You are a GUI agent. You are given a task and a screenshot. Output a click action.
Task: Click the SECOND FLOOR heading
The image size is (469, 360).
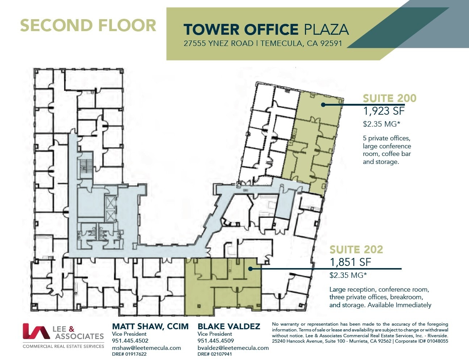[88, 26]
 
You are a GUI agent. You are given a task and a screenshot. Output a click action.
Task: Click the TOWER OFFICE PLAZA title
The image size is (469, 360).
[266, 29]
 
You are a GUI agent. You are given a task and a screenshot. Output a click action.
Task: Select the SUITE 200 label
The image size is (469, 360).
[389, 98]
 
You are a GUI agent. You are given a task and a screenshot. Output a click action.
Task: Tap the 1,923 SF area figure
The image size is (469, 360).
[384, 111]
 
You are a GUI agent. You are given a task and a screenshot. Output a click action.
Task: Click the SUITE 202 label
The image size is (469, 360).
[356, 249]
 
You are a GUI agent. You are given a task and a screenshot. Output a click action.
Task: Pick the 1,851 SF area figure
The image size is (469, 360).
[350, 262]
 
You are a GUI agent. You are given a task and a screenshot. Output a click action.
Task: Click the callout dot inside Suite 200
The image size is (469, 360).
[323, 105]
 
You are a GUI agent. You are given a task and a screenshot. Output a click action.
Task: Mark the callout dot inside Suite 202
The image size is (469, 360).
[250, 269]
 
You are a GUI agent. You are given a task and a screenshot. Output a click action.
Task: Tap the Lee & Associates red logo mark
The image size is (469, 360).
[36, 331]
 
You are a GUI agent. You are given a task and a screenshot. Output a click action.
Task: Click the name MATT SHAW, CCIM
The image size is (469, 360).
[150, 326]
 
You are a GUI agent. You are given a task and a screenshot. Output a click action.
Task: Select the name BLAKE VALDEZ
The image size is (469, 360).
[229, 326]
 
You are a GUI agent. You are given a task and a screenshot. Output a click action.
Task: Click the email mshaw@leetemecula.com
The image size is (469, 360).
[146, 348]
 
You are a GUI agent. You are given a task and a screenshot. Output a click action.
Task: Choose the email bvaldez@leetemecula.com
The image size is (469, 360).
[233, 348]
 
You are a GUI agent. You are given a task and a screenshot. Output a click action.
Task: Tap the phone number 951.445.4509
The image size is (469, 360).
[215, 340]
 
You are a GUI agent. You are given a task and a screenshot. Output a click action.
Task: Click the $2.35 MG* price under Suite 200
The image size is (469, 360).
[381, 124]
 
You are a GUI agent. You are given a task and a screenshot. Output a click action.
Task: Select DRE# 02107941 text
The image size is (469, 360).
[214, 354]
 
